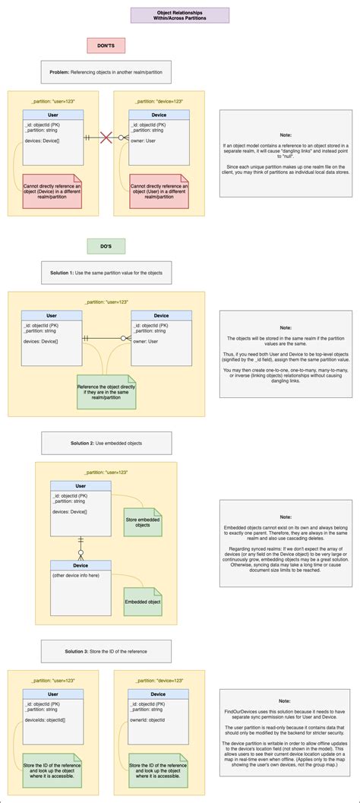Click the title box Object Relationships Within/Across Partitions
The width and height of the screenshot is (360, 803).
point(180,15)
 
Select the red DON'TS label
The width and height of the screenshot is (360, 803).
point(106,46)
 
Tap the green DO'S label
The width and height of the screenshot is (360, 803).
point(106,247)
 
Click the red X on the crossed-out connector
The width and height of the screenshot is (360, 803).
point(106,138)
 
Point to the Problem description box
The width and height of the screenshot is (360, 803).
point(106,72)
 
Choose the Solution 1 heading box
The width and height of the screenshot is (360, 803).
point(106,272)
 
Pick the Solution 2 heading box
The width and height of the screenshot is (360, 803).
point(106,442)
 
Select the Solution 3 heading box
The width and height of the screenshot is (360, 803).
point(106,651)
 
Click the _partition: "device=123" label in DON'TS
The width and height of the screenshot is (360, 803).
point(159,101)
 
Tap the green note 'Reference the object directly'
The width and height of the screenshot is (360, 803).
point(106,391)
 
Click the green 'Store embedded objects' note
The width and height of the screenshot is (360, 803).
point(142,521)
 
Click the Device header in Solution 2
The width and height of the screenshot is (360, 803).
point(81,564)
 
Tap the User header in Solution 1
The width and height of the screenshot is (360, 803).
point(52,315)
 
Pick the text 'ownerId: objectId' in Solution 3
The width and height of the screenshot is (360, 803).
point(148,719)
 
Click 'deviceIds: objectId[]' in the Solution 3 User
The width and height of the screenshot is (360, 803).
point(46,719)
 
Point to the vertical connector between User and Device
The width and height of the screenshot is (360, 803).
point(81,545)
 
